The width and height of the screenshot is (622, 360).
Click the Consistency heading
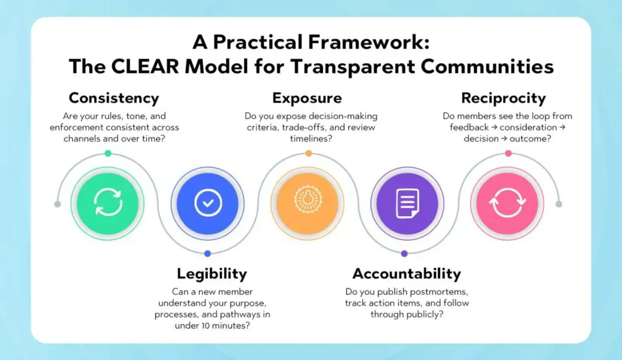114,98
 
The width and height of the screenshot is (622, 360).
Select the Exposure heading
307,98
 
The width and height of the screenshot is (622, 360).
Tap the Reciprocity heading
503,98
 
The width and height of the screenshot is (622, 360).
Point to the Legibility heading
211,274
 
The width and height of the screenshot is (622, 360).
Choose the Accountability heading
406,274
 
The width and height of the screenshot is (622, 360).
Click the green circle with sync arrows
108,203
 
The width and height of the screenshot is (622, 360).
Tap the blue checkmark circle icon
208,203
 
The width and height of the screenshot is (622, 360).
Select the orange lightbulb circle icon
307,203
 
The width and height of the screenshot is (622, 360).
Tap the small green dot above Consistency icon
108,154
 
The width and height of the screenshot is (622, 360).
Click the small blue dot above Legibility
208,253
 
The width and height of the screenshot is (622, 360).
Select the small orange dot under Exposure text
308,154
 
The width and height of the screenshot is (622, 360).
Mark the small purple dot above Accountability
405,253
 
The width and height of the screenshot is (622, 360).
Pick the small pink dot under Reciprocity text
508,154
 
